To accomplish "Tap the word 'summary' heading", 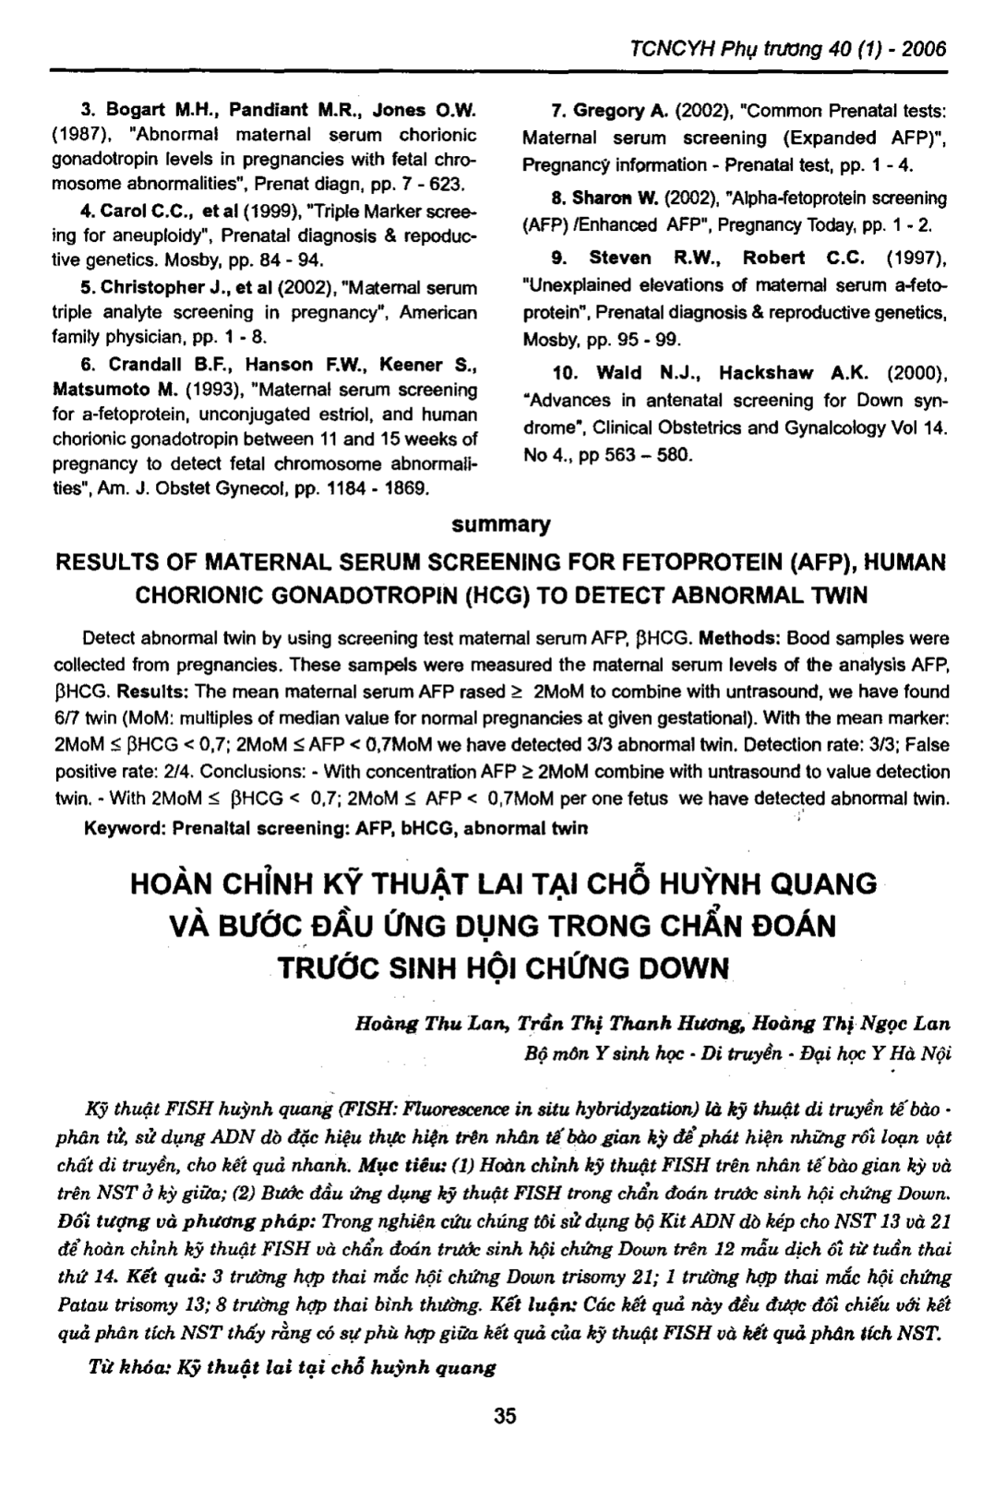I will [502, 525].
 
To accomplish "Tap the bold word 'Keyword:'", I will [120, 827].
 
